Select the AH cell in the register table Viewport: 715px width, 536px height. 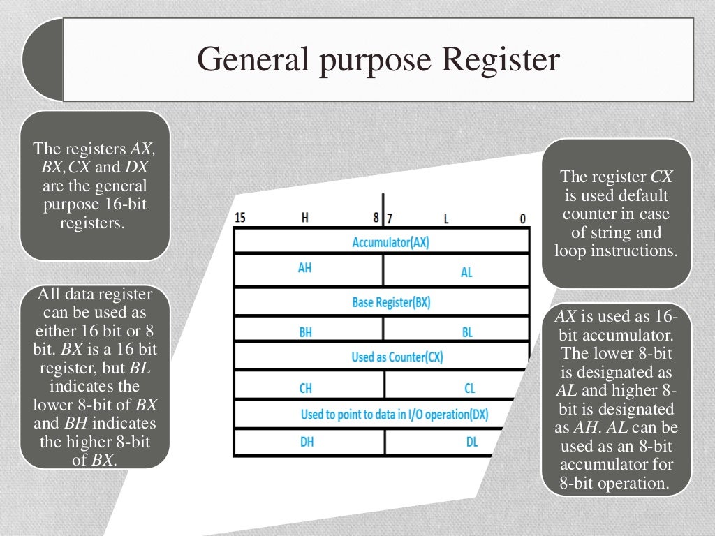pos(305,268)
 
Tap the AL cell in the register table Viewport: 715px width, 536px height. pos(466,272)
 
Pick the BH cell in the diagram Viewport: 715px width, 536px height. pos(305,333)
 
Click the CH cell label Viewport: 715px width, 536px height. pos(305,388)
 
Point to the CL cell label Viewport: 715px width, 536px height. pos(469,388)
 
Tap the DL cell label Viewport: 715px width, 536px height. pos(472,442)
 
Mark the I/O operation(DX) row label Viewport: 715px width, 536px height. pos(394,414)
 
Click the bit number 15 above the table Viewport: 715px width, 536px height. pos(240,218)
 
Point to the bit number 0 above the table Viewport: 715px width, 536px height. pos(522,218)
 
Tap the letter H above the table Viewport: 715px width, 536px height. pos(305,217)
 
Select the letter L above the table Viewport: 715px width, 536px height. pos(446,219)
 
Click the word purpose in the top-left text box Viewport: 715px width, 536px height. pos(70,205)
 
